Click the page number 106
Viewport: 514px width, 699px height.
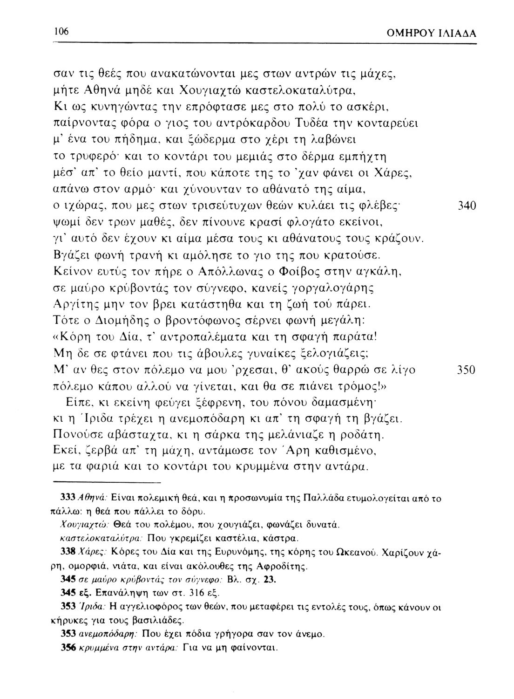point(61,31)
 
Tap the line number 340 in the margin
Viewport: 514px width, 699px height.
point(464,206)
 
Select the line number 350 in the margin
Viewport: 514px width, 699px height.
point(464,370)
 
